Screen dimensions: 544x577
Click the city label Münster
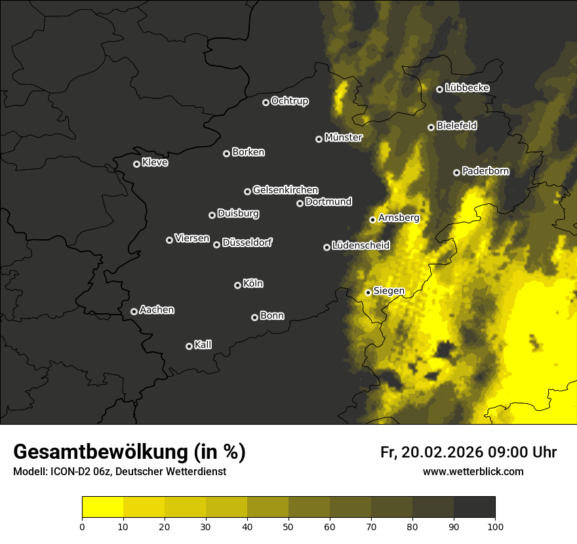(x=343, y=138)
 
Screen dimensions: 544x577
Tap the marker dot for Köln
(x=237, y=285)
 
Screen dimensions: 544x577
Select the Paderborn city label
(x=485, y=171)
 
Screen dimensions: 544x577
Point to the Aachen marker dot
(x=134, y=311)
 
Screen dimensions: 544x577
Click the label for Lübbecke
(x=467, y=88)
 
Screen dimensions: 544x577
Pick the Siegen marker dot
(x=368, y=292)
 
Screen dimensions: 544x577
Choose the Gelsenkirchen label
(x=285, y=190)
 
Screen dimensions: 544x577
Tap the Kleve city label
(x=155, y=163)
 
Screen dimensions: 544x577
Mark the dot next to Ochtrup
(x=266, y=102)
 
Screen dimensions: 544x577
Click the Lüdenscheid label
(x=361, y=246)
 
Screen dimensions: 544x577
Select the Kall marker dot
(x=189, y=346)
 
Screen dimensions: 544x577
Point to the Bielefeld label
(x=456, y=125)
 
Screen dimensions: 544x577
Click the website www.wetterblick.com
(x=473, y=471)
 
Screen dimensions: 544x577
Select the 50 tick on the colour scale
(x=288, y=526)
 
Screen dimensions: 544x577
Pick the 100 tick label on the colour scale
(x=494, y=526)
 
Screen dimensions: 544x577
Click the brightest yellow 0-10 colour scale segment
(x=102, y=507)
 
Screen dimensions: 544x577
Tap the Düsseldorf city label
(x=247, y=243)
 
